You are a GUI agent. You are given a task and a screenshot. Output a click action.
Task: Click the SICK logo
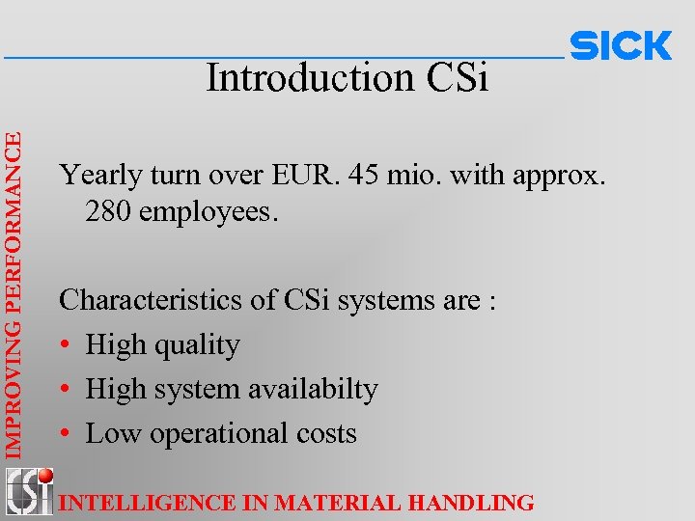[621, 45]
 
